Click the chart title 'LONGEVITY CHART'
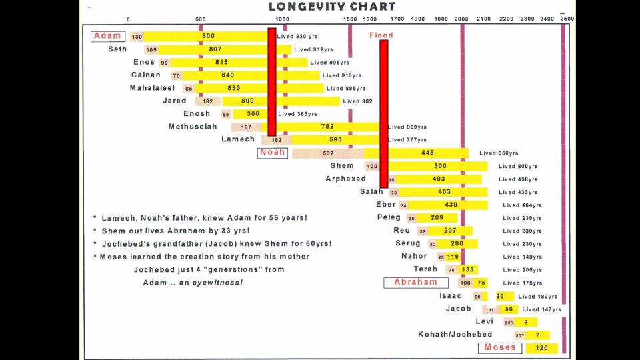[331, 7]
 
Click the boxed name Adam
[107, 36]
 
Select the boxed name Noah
[272, 153]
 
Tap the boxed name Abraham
[415, 283]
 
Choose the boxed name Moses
[500, 347]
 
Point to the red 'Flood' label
[381, 35]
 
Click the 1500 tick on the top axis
[350, 19]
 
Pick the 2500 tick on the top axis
[566, 19]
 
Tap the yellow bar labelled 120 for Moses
[541, 348]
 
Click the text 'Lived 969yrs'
[407, 127]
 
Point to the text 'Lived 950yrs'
[499, 153]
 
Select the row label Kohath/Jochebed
[455, 335]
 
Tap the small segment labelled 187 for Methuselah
[246, 127]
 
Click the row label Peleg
[389, 217]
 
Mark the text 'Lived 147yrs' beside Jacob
[541, 309]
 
